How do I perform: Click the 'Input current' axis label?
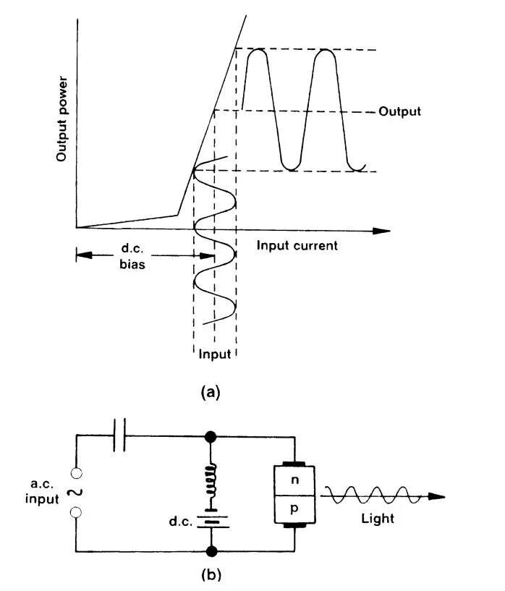click(297, 245)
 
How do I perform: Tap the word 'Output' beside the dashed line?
click(399, 112)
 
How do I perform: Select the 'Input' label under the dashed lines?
click(215, 354)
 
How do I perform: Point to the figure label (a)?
click(209, 392)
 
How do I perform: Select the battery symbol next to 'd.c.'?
click(211, 519)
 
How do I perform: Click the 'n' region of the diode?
click(294, 479)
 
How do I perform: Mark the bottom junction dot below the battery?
click(211, 552)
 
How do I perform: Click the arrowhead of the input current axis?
click(383, 231)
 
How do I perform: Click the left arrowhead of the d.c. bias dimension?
click(80, 254)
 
